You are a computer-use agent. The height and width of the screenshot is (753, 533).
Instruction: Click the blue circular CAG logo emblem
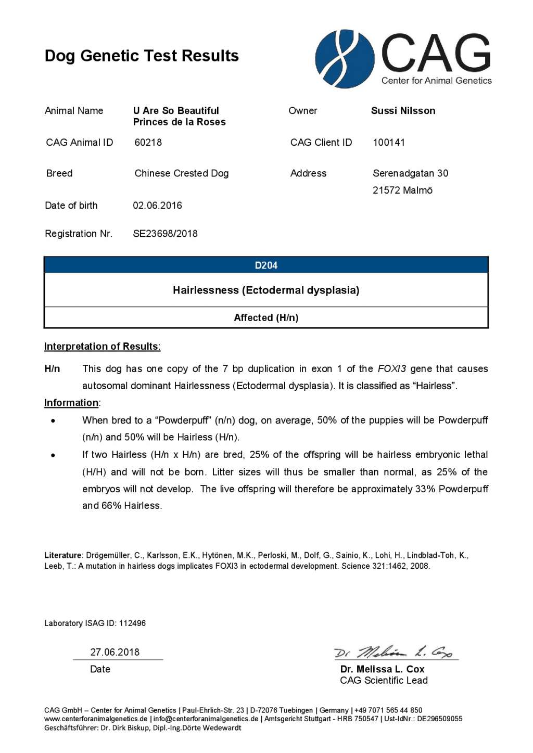[345, 58]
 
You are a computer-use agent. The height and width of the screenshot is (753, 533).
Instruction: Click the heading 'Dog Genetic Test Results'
[142, 56]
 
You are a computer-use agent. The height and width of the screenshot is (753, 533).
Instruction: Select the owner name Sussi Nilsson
[403, 110]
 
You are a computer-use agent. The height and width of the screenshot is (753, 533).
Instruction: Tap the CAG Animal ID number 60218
[148, 142]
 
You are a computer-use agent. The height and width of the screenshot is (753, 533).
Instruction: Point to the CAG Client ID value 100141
[388, 142]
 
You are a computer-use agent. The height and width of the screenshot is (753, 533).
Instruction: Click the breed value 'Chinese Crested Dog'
[181, 173]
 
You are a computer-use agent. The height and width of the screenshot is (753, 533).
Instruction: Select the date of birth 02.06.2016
[157, 205]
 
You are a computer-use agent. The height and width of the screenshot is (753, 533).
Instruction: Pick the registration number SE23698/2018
[165, 234]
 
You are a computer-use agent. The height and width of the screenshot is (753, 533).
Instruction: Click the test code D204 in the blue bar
[266, 265]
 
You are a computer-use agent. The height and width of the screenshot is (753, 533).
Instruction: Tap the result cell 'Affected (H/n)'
[266, 317]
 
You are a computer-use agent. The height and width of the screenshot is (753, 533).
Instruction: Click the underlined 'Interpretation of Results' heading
[101, 347]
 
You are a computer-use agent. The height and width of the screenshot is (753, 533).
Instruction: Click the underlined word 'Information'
[71, 403]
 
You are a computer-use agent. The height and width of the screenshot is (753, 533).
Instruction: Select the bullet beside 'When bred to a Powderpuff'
[53, 420]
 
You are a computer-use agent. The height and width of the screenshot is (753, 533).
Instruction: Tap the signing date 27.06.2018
[115, 652]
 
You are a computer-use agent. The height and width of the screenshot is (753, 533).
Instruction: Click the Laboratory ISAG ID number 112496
[132, 623]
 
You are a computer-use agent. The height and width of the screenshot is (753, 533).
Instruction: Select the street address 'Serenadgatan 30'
[410, 173]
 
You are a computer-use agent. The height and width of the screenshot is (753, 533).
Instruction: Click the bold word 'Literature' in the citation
[63, 555]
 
